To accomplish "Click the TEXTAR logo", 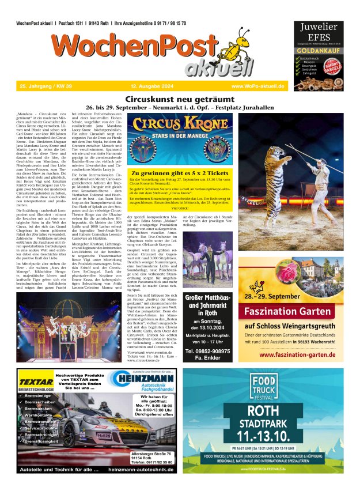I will click(x=36, y=381).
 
